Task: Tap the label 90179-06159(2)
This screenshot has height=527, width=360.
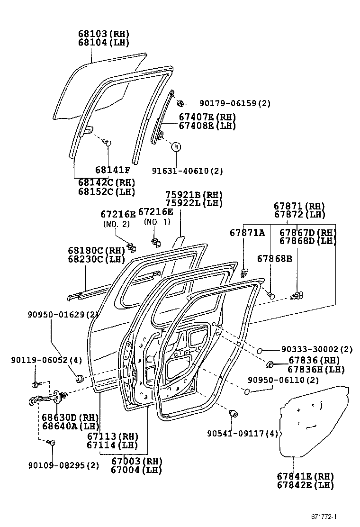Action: coord(235,103)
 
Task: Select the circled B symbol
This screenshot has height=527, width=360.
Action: coord(176,147)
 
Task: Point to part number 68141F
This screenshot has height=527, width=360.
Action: coord(112,170)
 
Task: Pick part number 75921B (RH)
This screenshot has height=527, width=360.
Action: coord(193,195)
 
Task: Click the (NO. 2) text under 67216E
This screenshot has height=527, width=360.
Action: coord(116,224)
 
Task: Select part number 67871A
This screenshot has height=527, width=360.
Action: coord(247,233)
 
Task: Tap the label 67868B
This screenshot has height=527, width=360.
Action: coord(274,259)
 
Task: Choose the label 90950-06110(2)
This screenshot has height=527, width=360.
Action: coord(283,380)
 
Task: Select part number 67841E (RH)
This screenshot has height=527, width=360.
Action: coord(306,476)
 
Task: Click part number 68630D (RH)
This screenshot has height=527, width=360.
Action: coord(70,417)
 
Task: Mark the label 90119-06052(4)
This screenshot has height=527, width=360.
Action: coord(46,360)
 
